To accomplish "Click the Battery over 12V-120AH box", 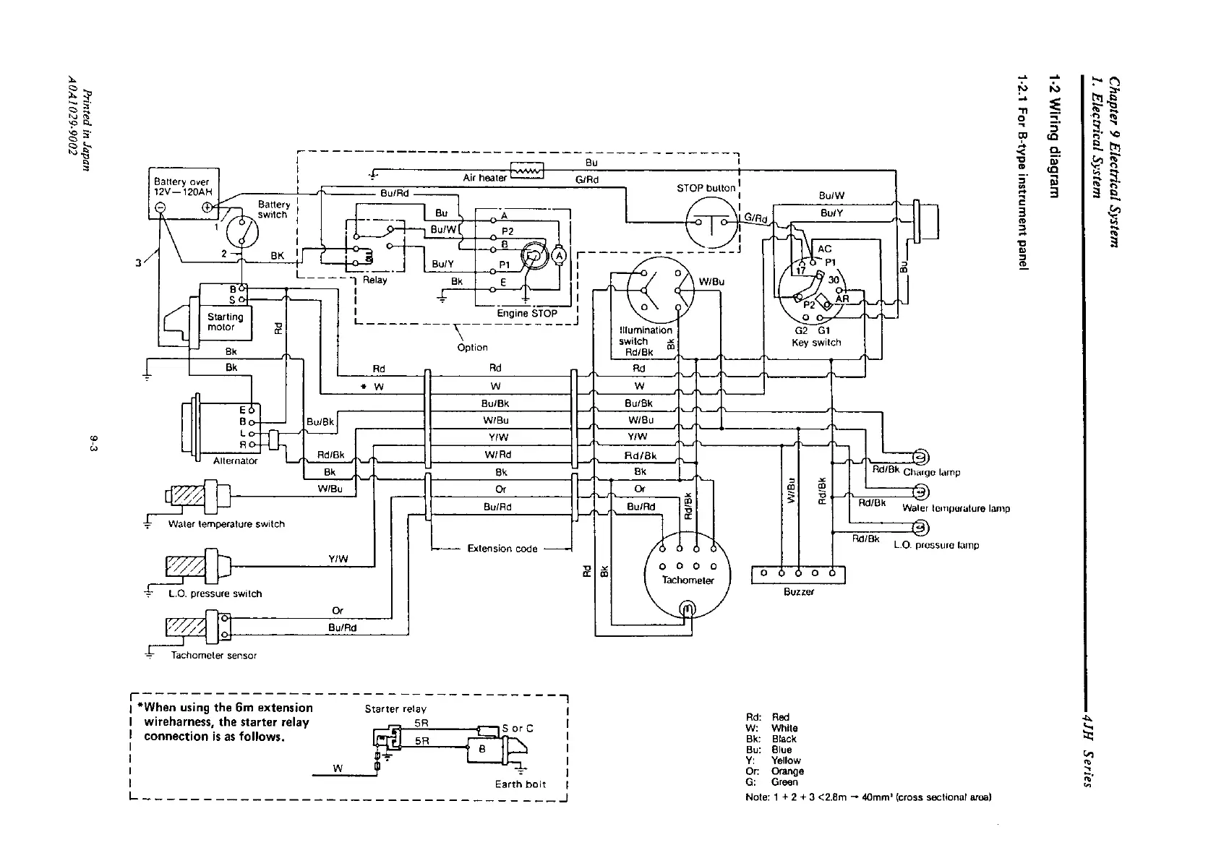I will (184, 193).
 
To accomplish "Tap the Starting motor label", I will (225, 322).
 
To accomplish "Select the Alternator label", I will (236, 460).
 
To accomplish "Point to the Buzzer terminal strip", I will (798, 574).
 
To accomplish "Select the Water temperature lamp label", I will (956, 508).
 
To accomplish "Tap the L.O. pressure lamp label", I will (936, 545).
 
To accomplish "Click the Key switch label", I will (816, 343).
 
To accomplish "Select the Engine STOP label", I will (527, 314).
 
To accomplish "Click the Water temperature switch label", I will (226, 524).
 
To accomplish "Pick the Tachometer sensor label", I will (213, 656).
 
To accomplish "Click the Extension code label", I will (502, 549).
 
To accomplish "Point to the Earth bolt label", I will (521, 784).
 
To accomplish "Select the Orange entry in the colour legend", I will (778, 771).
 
